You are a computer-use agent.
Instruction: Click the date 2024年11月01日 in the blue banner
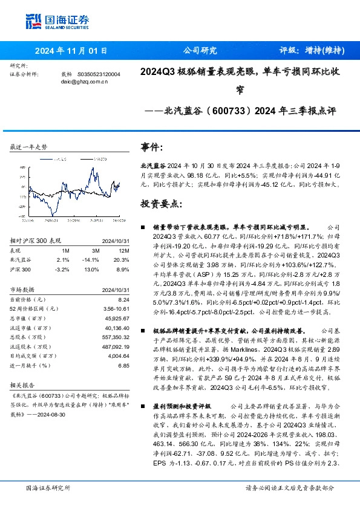71,51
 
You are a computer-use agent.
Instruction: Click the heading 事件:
152,148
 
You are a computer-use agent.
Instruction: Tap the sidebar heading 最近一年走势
29,147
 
